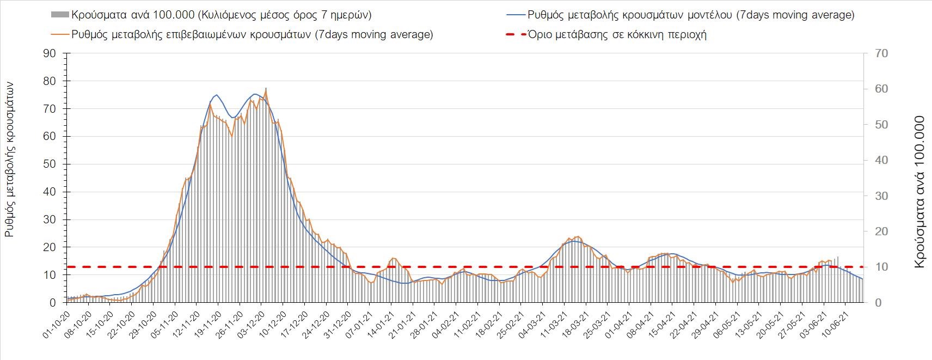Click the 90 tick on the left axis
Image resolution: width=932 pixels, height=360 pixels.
[50, 53]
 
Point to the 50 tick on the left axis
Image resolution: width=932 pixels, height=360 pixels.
[50, 164]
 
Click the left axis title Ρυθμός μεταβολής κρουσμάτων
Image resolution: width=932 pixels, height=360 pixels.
[10, 159]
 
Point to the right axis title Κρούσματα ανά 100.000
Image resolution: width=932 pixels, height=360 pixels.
[919, 192]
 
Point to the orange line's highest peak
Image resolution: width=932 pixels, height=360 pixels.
[266, 89]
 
